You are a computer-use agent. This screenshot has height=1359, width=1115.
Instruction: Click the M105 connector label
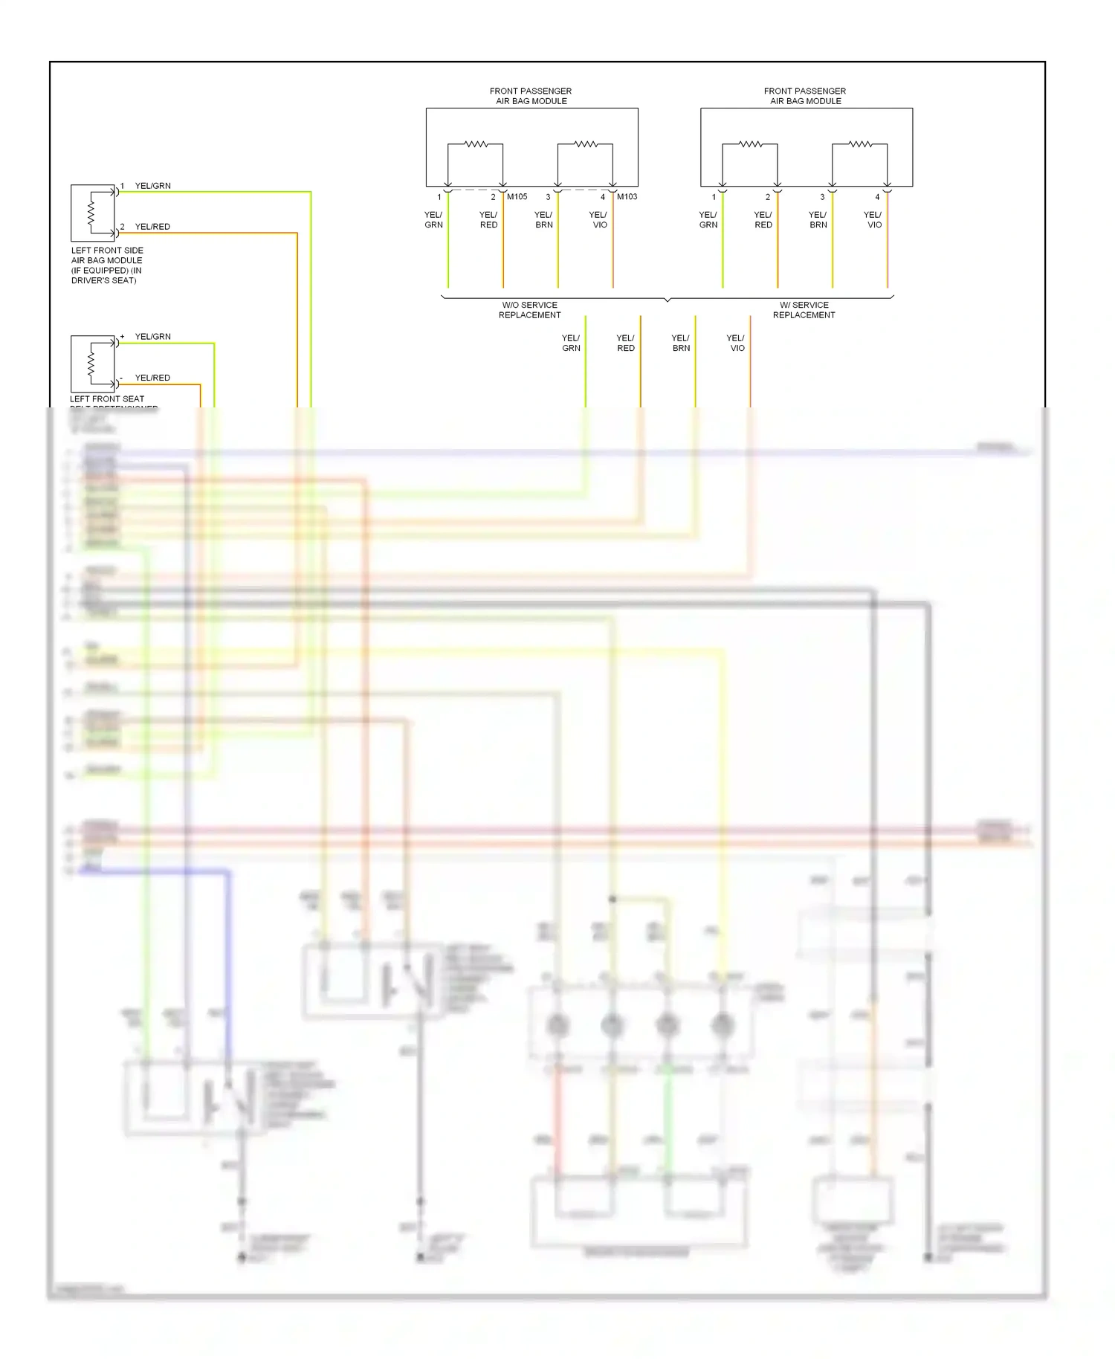click(x=517, y=197)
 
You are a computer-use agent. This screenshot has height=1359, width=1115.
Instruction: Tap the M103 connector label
click(x=627, y=197)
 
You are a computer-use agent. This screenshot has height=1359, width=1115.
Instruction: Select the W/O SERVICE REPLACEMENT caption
click(x=529, y=310)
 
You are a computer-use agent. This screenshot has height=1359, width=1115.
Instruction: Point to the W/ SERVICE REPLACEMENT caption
click(x=804, y=310)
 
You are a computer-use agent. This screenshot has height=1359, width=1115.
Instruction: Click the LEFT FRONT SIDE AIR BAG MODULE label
click(x=107, y=265)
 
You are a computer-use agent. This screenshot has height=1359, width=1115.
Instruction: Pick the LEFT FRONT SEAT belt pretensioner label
click(x=107, y=399)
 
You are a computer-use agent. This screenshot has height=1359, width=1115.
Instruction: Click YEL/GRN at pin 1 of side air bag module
click(x=152, y=186)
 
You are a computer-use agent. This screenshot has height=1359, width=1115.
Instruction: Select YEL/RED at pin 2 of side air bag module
click(x=152, y=227)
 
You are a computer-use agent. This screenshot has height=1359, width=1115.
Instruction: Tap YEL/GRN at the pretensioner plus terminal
click(x=152, y=337)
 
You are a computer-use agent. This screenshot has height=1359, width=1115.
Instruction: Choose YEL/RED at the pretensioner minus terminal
click(x=152, y=378)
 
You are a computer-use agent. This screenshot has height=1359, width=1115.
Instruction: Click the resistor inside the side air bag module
click(x=91, y=212)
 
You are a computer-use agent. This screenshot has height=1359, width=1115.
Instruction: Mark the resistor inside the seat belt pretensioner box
click(x=91, y=364)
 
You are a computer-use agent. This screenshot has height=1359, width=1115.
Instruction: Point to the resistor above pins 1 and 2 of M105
click(x=476, y=144)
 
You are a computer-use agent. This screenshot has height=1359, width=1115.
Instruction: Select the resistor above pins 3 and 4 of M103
click(x=586, y=144)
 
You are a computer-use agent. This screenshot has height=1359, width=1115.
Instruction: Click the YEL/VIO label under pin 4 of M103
click(x=598, y=219)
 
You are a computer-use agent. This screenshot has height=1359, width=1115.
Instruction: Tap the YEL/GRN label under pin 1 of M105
click(x=433, y=219)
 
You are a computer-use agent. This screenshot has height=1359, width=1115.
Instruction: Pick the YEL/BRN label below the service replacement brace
click(x=681, y=343)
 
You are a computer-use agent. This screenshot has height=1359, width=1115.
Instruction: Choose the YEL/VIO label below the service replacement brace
click(x=736, y=343)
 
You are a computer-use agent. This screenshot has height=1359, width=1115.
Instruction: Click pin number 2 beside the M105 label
click(x=493, y=197)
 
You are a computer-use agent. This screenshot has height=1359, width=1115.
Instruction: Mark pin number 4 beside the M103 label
click(x=603, y=197)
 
